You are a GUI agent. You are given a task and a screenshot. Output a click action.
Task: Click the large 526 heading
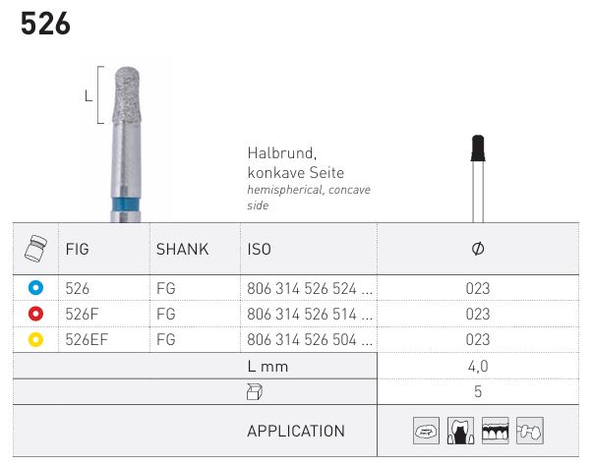[45, 24]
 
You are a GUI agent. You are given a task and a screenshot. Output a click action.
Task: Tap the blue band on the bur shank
[126, 204]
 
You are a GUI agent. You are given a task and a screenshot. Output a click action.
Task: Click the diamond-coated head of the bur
[127, 95]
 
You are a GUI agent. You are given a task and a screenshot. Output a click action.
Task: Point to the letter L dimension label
[89, 96]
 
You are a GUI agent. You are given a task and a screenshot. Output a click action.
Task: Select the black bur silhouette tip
[478, 148]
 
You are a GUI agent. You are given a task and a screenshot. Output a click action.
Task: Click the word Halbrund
[281, 153]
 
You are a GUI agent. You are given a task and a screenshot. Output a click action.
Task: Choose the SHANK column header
[183, 249]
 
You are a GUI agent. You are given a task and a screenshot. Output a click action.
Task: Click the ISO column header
[260, 249]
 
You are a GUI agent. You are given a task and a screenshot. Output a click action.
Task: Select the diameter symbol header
[478, 249]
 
